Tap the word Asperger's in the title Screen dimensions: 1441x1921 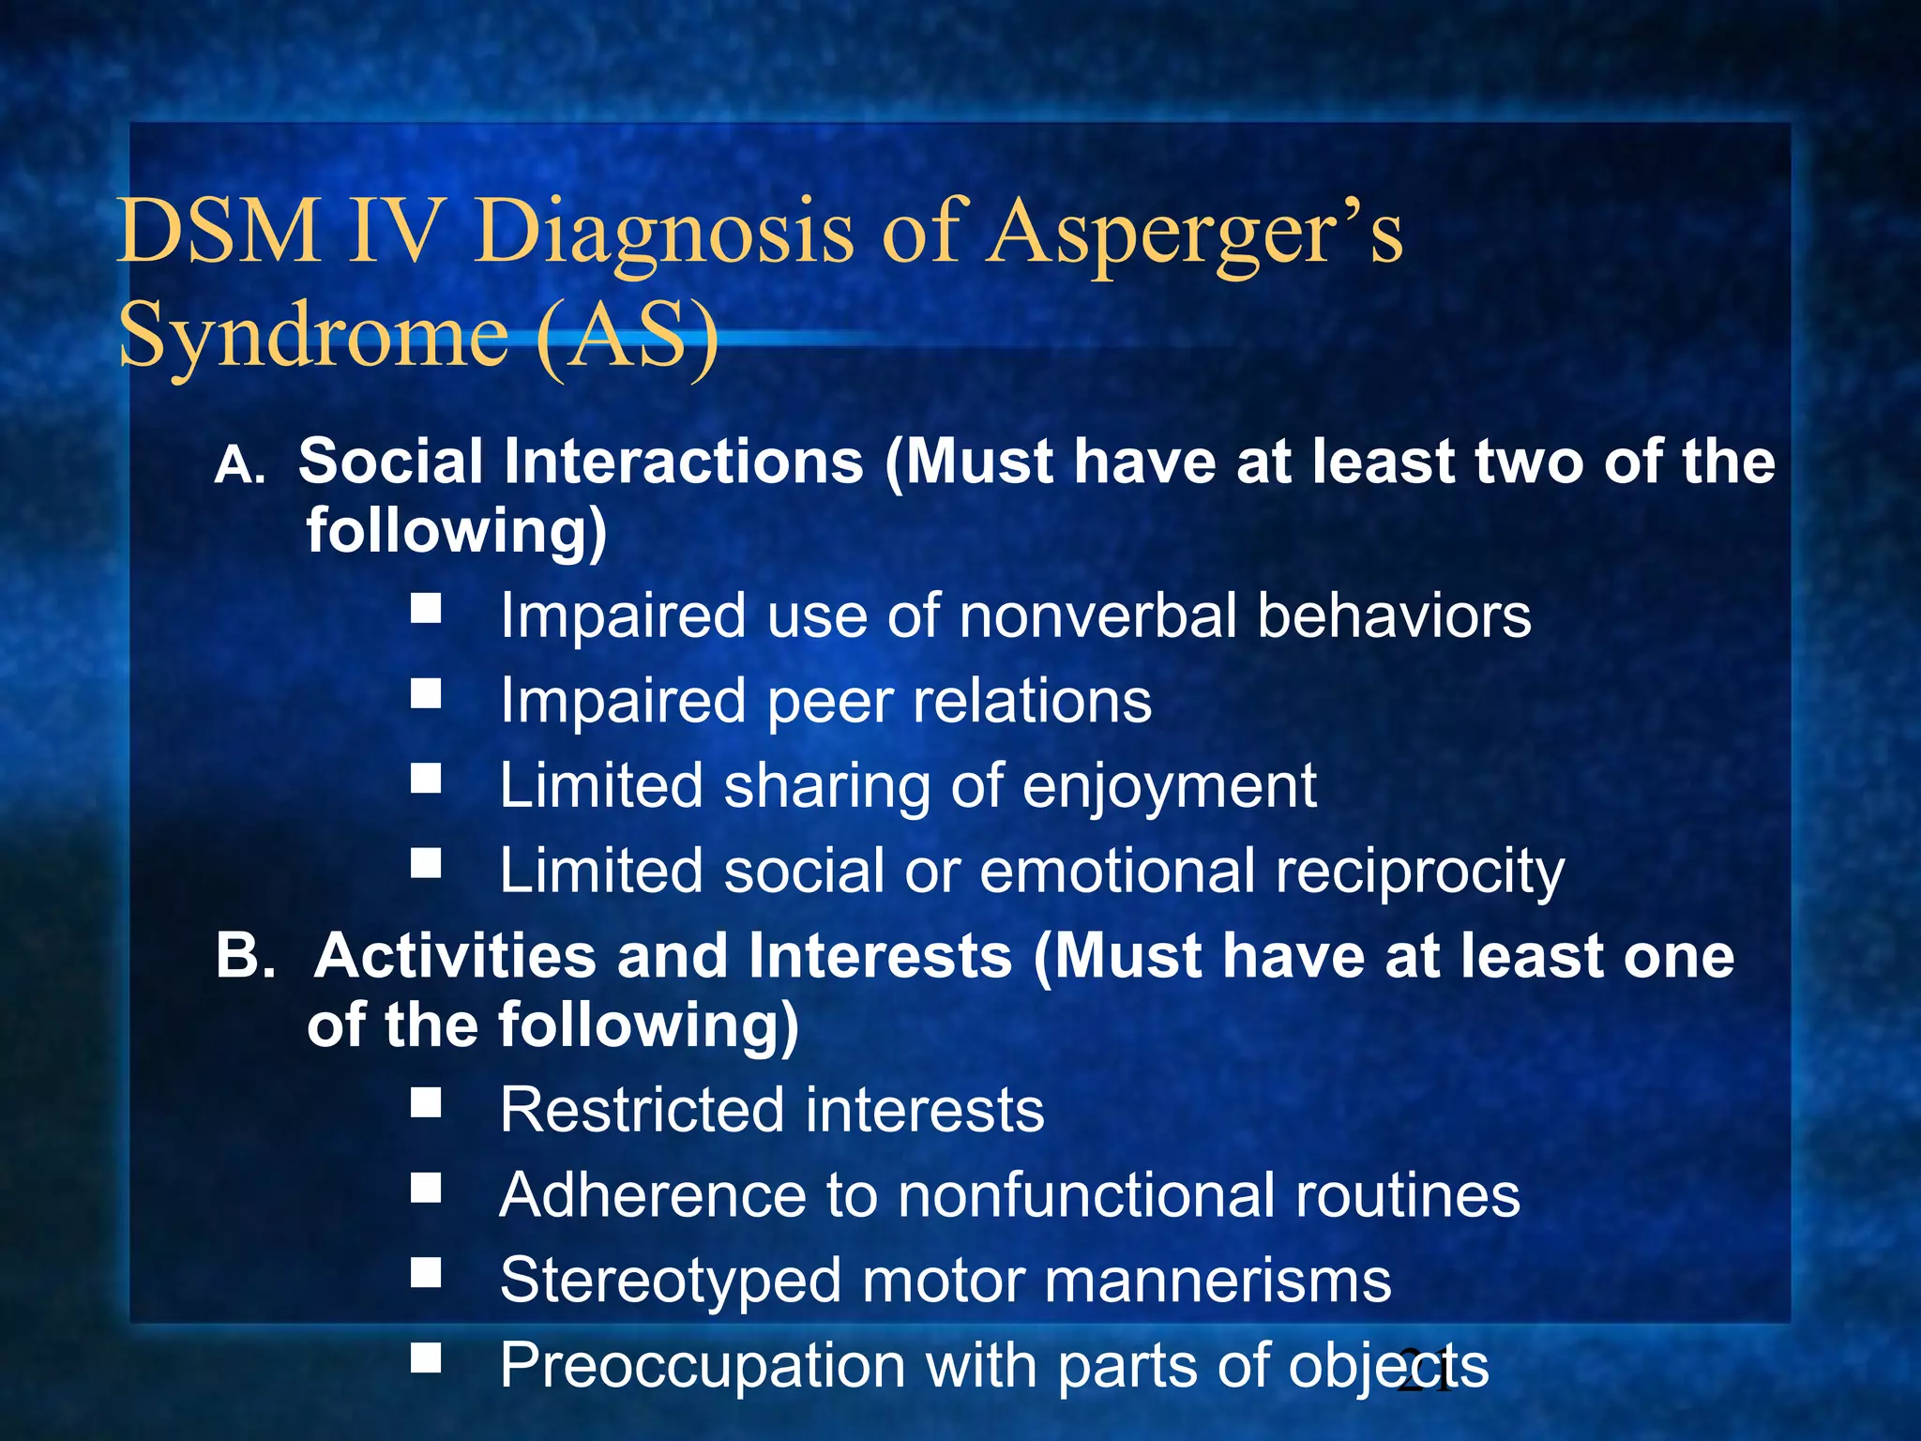1195,233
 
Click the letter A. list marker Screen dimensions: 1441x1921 240,464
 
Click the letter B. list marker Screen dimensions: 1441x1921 245,957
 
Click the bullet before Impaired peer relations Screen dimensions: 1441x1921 426,694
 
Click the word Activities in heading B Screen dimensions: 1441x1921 455,957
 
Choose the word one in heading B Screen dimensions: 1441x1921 1679,957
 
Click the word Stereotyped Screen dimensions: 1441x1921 671,1282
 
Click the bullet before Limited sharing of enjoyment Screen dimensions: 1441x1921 426,779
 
